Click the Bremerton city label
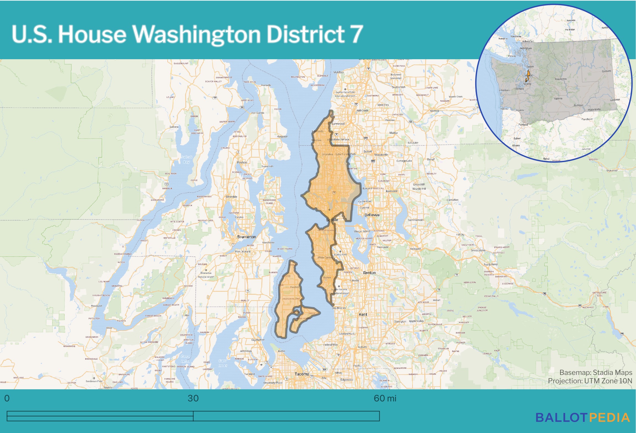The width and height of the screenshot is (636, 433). [246, 237]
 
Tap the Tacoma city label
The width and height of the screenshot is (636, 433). [301, 374]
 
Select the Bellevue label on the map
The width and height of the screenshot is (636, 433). [372, 215]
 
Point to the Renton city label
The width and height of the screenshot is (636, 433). [369, 273]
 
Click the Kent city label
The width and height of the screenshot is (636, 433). [363, 314]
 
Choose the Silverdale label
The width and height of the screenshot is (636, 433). [231, 197]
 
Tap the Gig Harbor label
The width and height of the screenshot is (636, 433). [258, 340]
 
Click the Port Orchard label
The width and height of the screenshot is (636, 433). [243, 251]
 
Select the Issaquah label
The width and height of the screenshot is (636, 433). [415, 249]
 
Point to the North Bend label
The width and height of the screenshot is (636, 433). [490, 265]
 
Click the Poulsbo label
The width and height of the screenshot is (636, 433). [242, 162]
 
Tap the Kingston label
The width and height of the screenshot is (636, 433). [282, 136]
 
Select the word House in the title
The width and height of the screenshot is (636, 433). [92, 34]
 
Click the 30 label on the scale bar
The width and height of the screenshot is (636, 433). [193, 398]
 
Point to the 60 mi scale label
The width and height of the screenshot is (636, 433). [385, 398]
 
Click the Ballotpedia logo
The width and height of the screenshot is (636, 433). [582, 418]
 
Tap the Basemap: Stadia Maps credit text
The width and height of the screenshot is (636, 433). [595, 372]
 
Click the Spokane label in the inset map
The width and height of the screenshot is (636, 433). [606, 71]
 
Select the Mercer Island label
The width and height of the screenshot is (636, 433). [362, 231]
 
